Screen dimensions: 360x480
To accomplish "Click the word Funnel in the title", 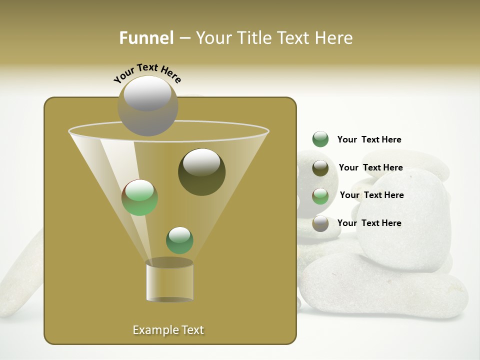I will [146, 38].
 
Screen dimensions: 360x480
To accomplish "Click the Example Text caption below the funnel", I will [168, 330].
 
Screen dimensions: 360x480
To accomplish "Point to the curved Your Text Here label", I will [147, 73].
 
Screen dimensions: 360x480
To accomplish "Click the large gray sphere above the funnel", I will [148, 105].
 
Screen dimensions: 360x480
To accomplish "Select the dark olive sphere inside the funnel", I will [202, 172].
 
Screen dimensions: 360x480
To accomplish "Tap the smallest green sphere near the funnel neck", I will [179, 240].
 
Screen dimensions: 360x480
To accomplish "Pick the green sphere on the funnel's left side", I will [140, 197].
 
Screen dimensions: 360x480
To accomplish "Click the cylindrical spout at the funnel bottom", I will [169, 281].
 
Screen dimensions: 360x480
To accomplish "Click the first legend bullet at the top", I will [320, 139].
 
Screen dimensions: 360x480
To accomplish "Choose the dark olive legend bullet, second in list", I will [320, 168].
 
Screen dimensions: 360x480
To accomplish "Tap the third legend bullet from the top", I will [320, 196].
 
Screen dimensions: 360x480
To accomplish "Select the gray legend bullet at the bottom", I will [320, 223].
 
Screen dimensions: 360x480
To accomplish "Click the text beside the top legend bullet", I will [369, 139].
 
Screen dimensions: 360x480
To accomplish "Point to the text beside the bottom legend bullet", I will [369, 223].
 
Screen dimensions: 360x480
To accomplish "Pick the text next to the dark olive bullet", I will [371, 167].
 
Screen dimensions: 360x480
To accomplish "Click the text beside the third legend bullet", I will [372, 195].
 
